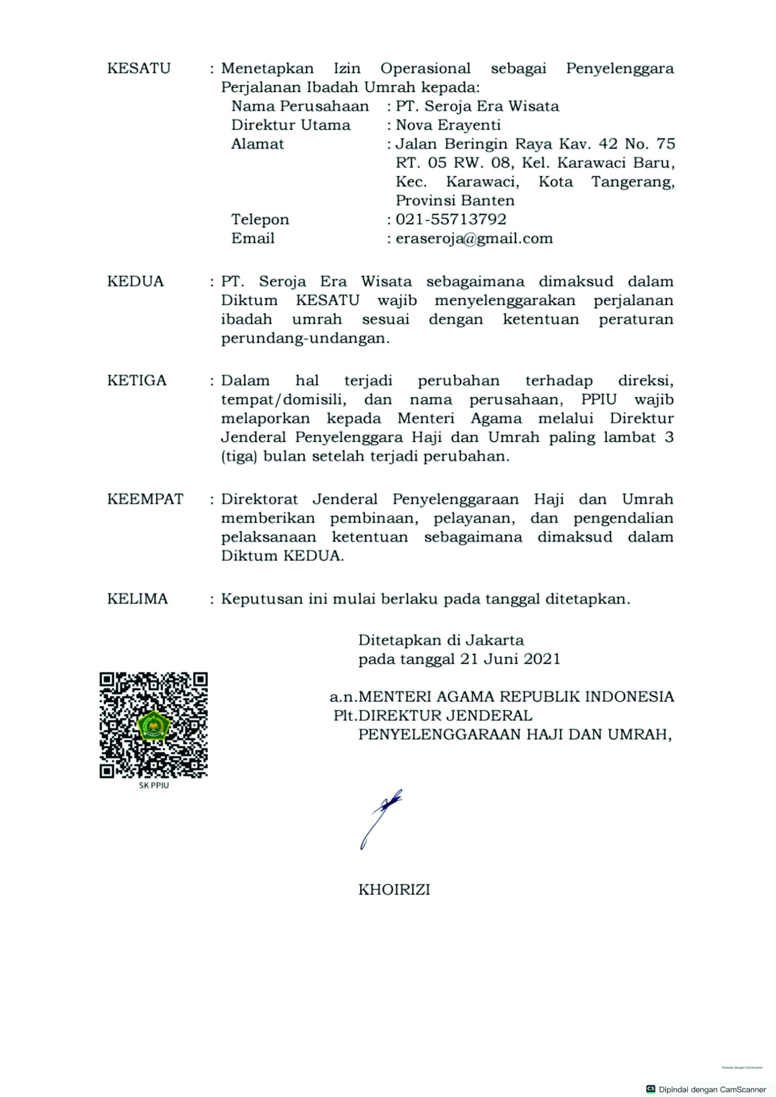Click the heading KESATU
pos(138,68)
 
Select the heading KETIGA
pos(137,381)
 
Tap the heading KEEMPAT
pos(145,499)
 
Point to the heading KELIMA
pos(138,599)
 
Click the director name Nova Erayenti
pos(448,125)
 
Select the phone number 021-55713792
pos(451,219)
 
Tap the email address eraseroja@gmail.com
pos(474,238)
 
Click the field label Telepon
pos(260,219)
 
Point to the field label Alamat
pos(257,144)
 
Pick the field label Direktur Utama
pos(291,125)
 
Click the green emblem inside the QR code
pos(153,725)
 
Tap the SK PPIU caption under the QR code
pos(153,785)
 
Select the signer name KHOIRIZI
pos(394,890)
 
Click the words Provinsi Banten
pos(455,200)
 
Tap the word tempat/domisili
pos(283,399)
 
